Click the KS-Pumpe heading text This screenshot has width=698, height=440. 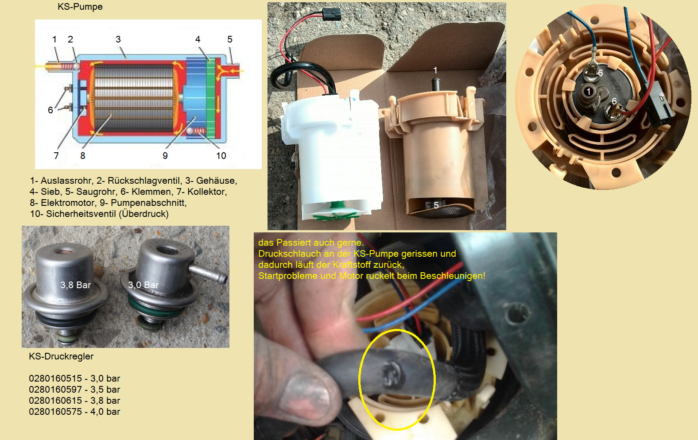click(80, 7)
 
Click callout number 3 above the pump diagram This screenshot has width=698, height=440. click(118, 39)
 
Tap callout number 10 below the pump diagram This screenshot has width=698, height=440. click(221, 156)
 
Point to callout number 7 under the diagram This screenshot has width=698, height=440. click(56, 155)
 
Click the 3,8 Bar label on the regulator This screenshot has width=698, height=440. click(75, 285)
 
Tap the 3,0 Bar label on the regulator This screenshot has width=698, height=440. click(143, 285)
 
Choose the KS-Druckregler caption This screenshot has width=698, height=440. click(61, 356)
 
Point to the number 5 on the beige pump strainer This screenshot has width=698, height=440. click(436, 205)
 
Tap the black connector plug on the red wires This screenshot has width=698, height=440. click(332, 14)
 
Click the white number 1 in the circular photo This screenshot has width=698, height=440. click(589, 91)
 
